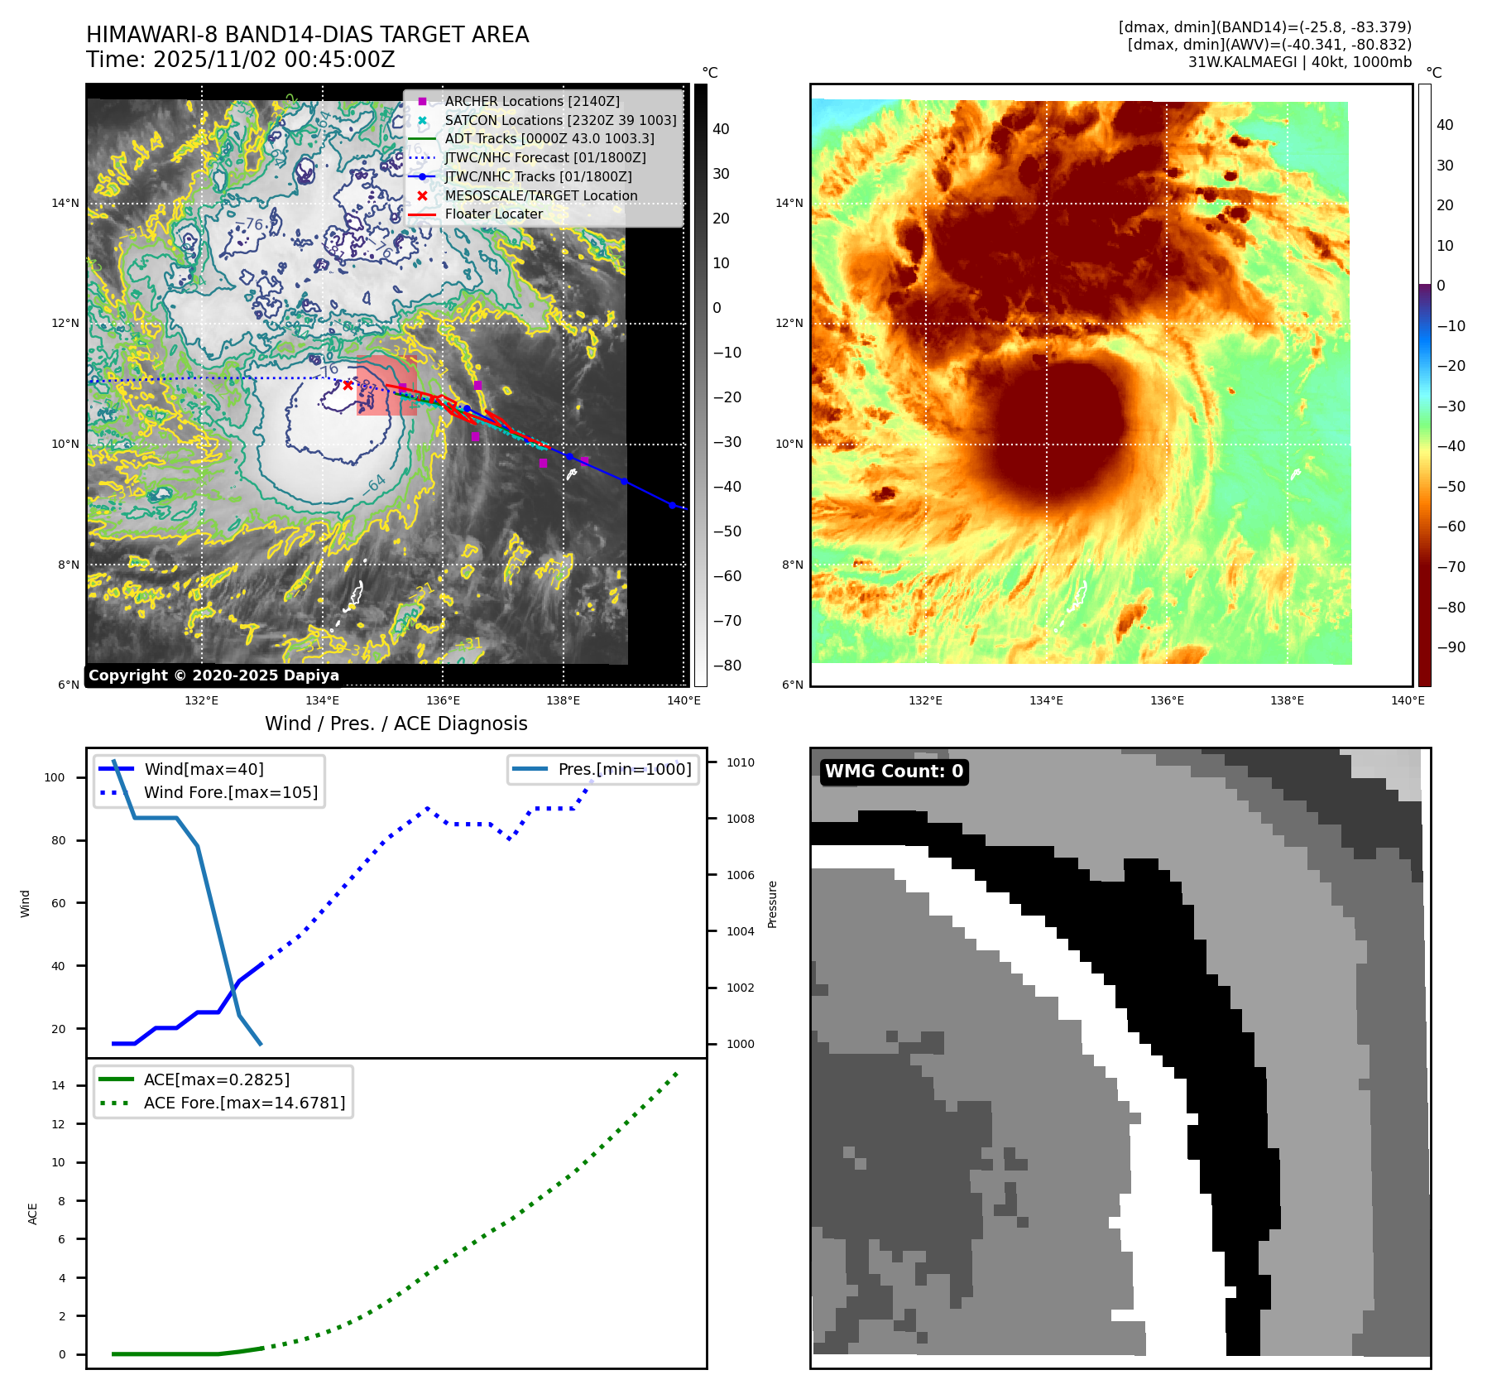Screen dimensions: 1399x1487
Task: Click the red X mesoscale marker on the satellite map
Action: pyautogui.click(x=348, y=385)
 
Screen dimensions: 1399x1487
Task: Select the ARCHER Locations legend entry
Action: pyautogui.click(x=531, y=101)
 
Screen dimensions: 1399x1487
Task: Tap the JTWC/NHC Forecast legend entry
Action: pyautogui.click(x=544, y=157)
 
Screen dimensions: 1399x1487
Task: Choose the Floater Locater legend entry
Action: pyautogui.click(x=493, y=214)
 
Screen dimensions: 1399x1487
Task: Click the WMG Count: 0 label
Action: pyautogui.click(x=894, y=772)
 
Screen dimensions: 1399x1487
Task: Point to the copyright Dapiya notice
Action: pyautogui.click(x=213, y=675)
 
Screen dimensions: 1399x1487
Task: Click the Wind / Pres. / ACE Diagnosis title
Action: pyautogui.click(x=396, y=724)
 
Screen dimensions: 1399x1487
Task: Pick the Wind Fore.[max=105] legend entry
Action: pyautogui.click(x=230, y=792)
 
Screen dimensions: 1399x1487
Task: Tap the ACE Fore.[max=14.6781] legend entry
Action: pyautogui.click(x=244, y=1103)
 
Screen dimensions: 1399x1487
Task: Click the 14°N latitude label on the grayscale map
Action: pyautogui.click(x=65, y=204)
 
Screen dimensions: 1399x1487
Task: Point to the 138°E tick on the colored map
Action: pyautogui.click(x=1287, y=700)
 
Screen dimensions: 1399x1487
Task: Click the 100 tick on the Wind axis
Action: pyautogui.click(x=55, y=777)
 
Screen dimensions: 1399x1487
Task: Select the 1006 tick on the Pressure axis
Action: pyautogui.click(x=740, y=875)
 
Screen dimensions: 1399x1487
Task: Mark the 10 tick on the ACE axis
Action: pyautogui.click(x=58, y=1162)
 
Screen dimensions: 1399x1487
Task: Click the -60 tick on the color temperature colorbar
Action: pyautogui.click(x=1451, y=526)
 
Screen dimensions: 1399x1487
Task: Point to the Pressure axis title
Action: pyautogui.click(x=772, y=904)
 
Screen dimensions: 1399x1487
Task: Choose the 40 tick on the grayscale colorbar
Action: pyautogui.click(x=721, y=129)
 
